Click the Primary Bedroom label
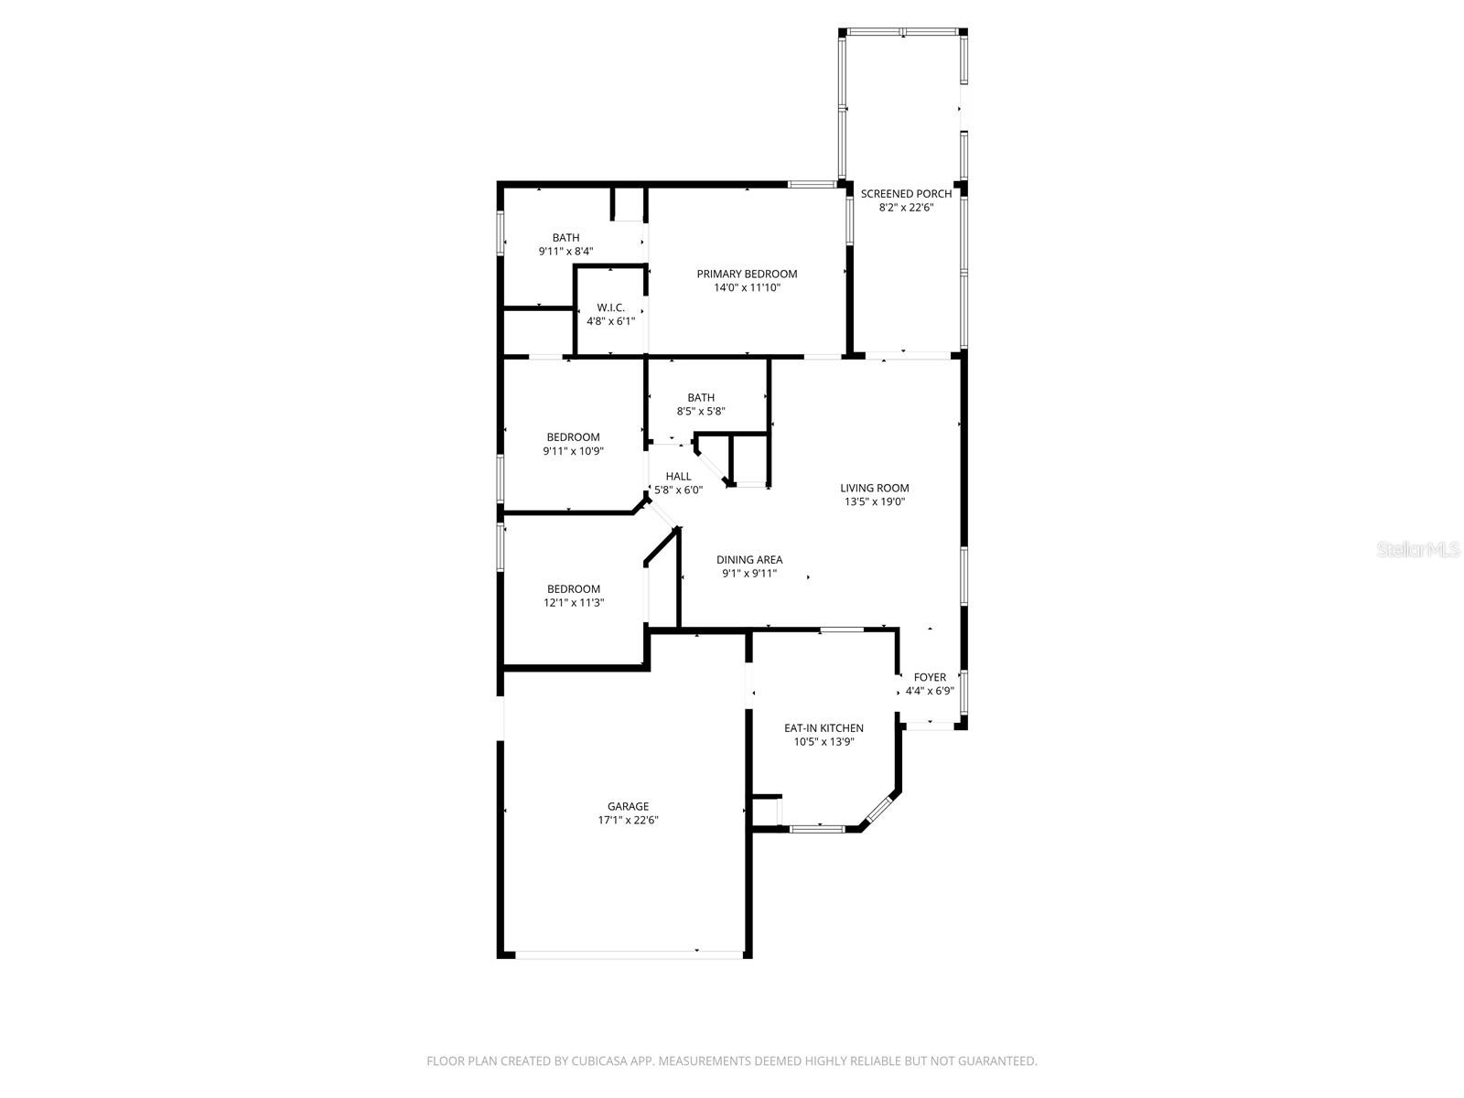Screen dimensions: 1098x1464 click(747, 274)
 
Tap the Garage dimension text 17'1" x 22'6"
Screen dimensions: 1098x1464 click(629, 821)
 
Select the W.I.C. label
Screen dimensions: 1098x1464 click(611, 307)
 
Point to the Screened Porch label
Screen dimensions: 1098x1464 click(906, 194)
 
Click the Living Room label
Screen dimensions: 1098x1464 click(875, 488)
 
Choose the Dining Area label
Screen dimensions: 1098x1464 click(749, 560)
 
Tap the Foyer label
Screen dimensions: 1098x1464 click(930, 677)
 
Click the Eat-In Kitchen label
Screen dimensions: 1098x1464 click(823, 728)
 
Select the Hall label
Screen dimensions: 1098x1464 click(679, 476)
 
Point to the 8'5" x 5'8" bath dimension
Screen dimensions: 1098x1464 click(701, 412)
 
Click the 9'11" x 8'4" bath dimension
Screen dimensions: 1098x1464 click(565, 251)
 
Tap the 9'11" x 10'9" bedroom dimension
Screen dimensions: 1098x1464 click(574, 451)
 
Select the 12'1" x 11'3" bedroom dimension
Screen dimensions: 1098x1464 click(574, 603)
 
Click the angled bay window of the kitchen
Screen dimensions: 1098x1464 click(878, 810)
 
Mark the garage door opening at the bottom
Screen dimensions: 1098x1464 click(629, 953)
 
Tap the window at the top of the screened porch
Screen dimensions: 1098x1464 click(903, 32)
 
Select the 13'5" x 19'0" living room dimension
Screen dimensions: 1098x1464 click(875, 501)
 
